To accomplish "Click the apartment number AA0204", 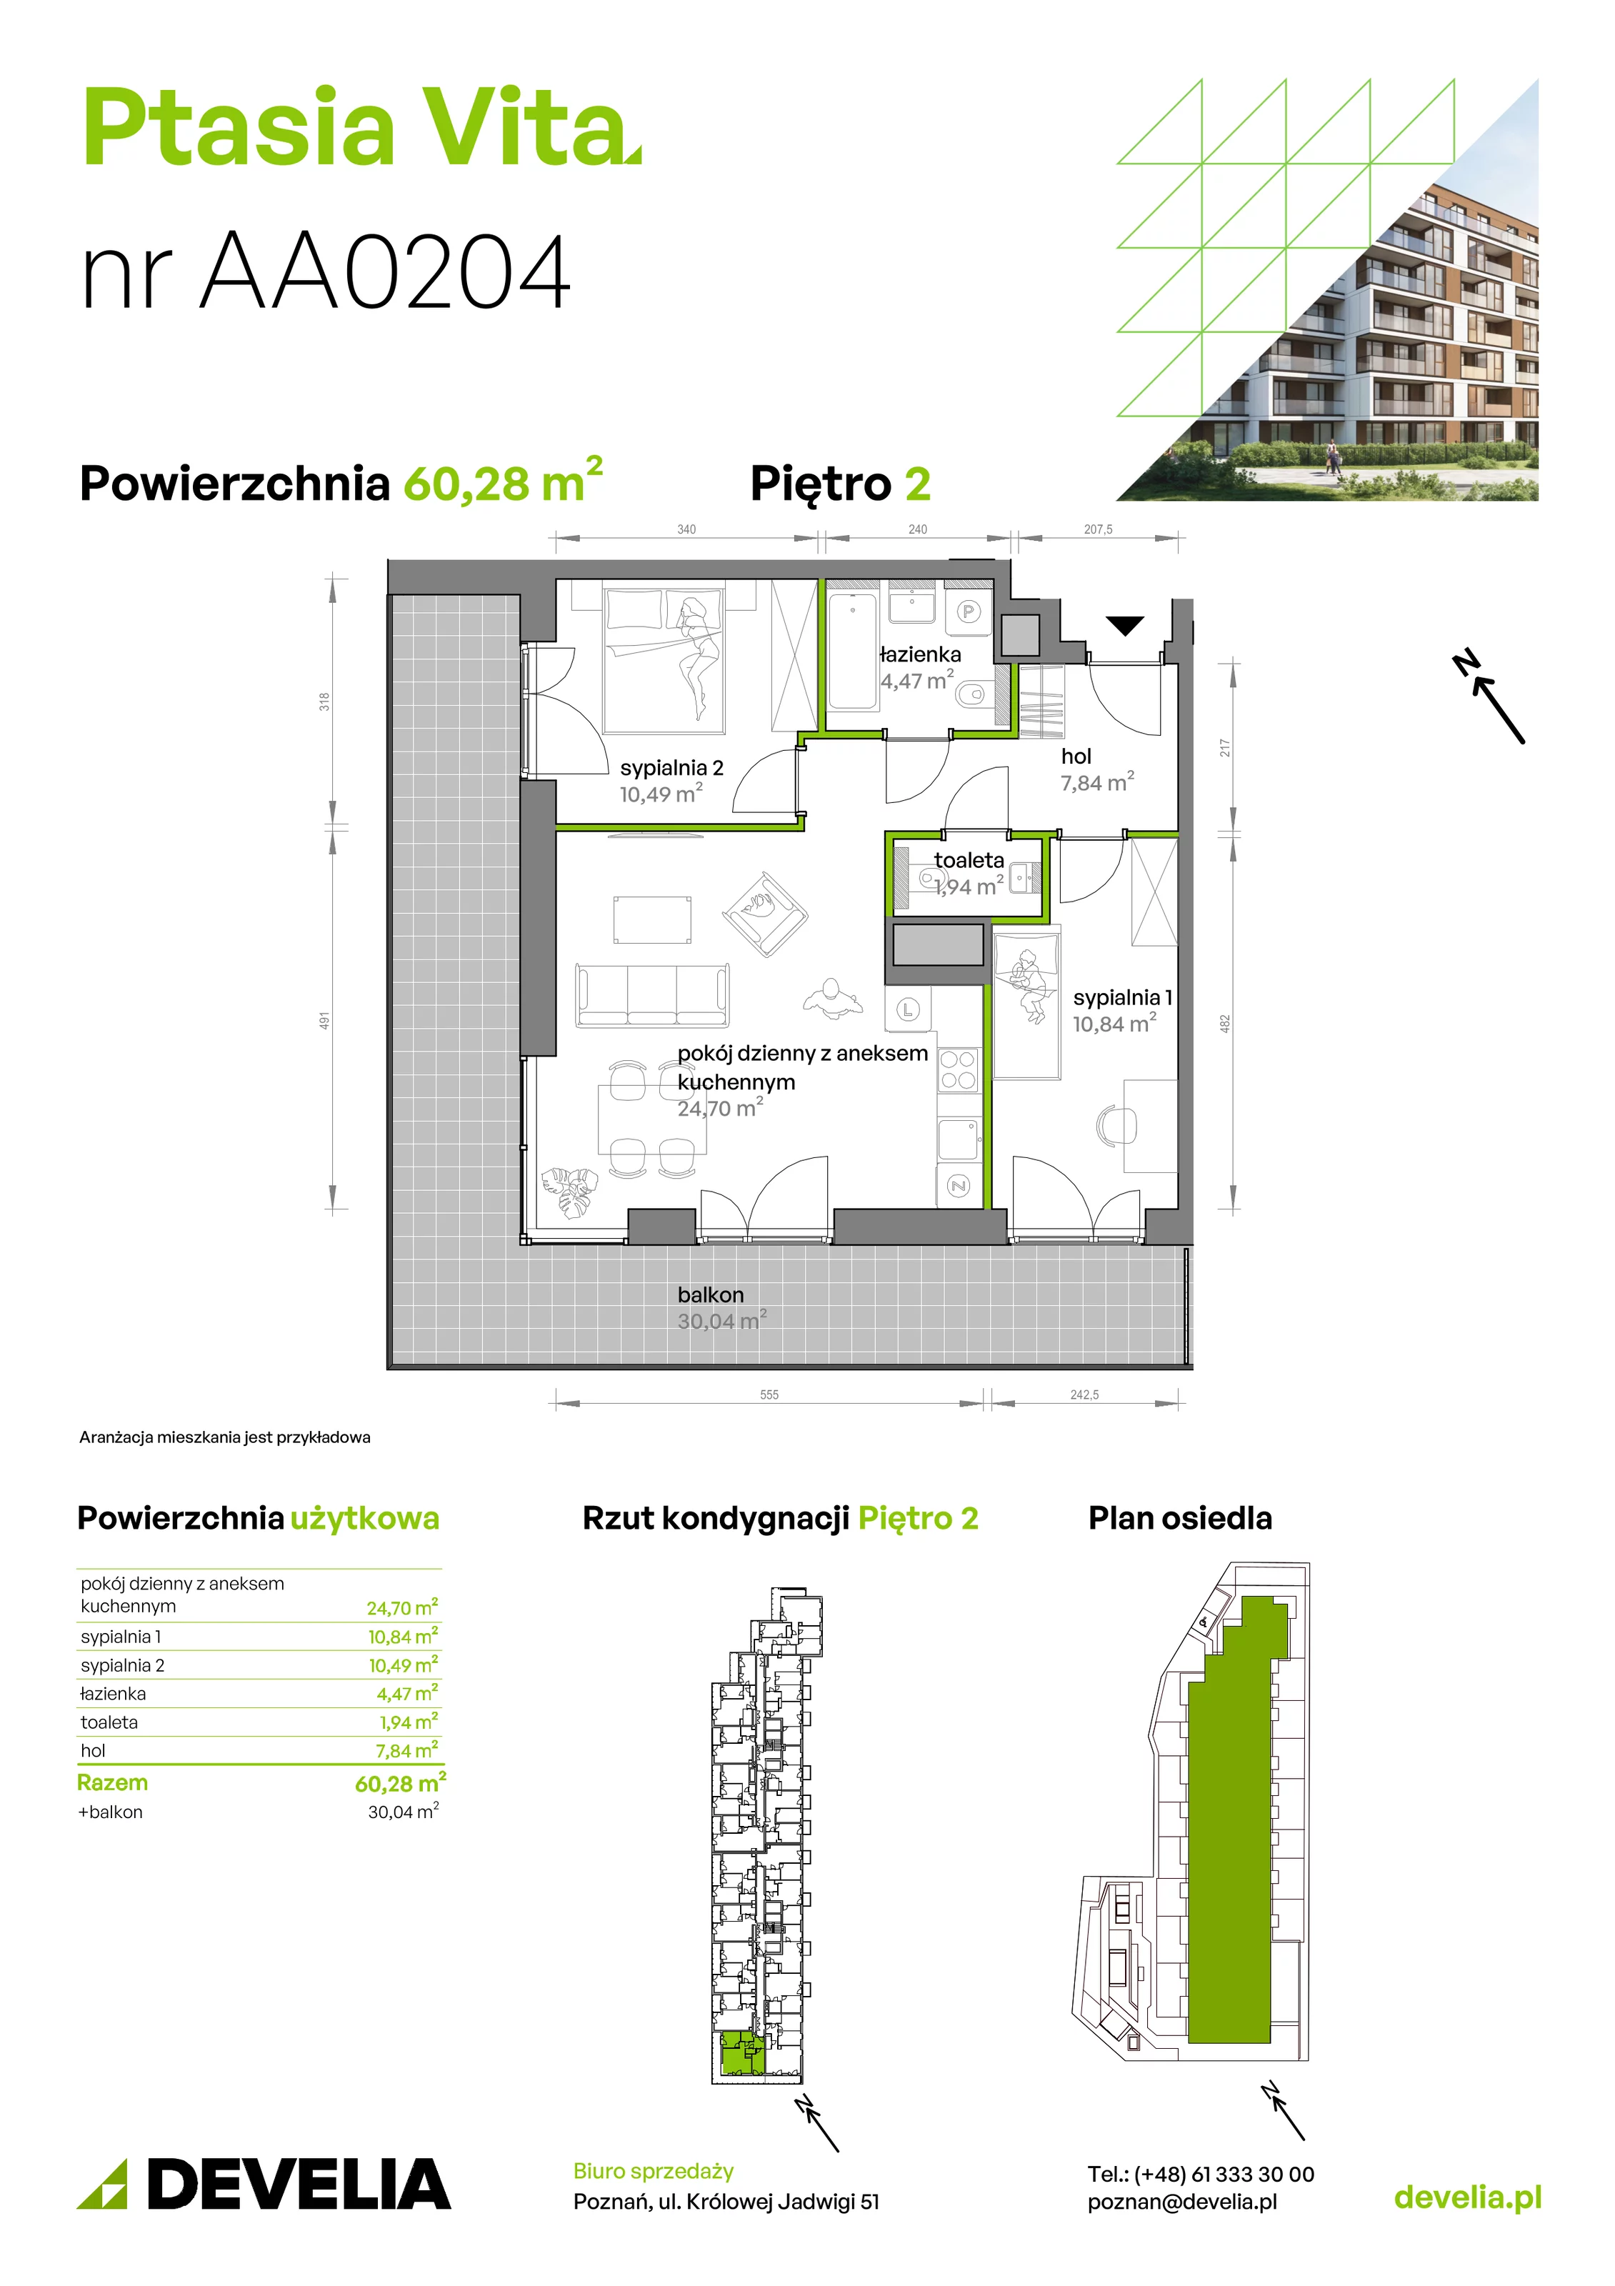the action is tap(385, 271).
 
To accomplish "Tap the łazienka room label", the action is tap(920, 654).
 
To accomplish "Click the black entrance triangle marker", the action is tap(1125, 625).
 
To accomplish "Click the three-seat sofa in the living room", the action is tap(652, 994).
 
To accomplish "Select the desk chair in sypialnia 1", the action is tap(1116, 1125).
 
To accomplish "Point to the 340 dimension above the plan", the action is tap(687, 529).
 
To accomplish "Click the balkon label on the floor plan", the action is tap(711, 1294).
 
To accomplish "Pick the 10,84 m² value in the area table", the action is tap(402, 1637).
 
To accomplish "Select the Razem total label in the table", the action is tap(113, 1782).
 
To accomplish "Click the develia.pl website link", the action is tap(1468, 2197).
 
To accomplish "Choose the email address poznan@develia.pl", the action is tap(1182, 2202).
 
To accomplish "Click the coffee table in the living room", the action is tap(652, 919).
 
